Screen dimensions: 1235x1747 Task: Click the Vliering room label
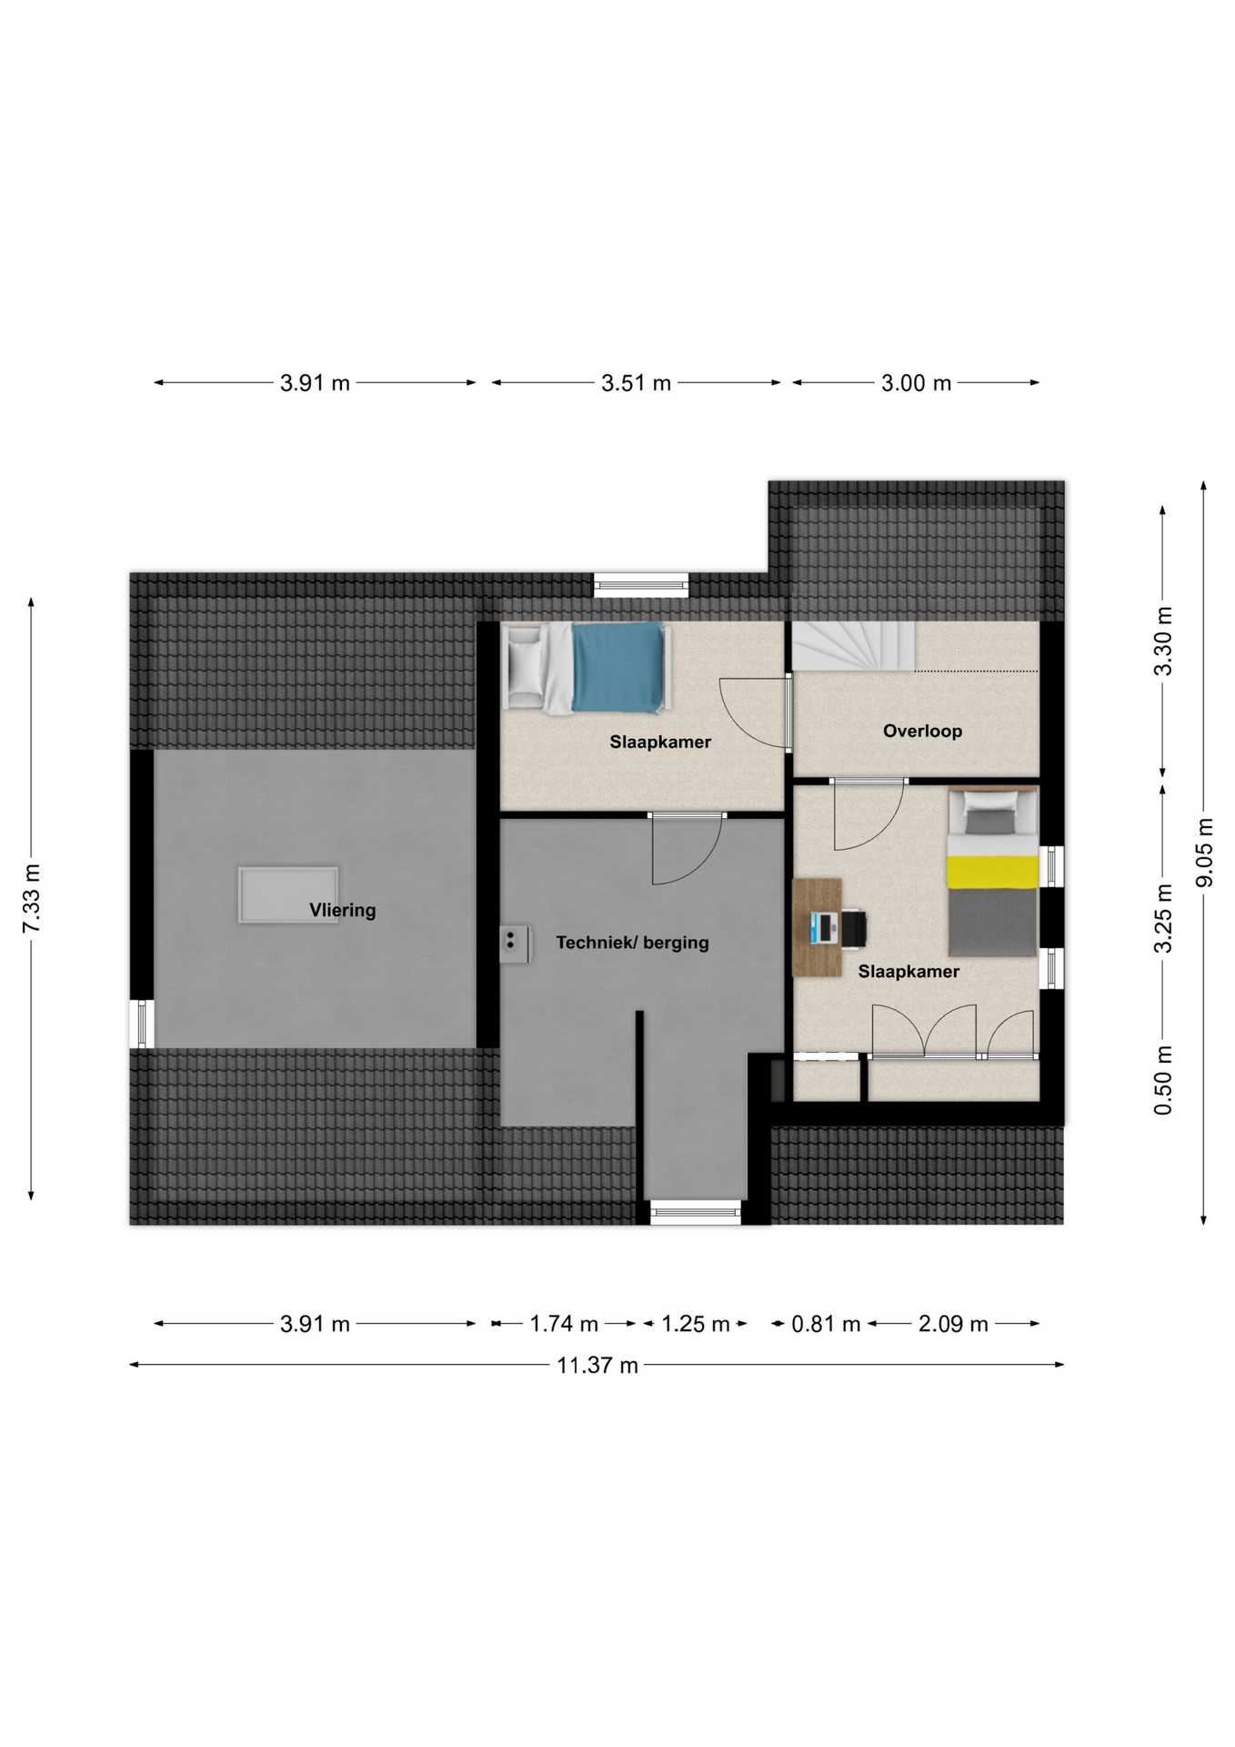tap(342, 910)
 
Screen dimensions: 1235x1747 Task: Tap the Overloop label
tap(922, 731)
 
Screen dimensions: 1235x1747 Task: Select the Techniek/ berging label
tap(632, 943)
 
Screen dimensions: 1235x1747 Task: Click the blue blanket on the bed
tap(617, 668)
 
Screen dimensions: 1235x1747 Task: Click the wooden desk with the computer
tap(817, 927)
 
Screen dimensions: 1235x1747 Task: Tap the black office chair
tap(853, 928)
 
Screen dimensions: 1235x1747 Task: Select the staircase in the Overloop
tap(853, 646)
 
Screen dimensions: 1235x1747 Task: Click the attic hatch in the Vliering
tap(288, 895)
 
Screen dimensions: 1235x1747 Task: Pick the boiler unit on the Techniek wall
tap(515, 944)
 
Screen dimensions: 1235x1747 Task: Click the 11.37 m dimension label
tap(597, 1365)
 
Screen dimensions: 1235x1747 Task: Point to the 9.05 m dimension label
tap(1205, 852)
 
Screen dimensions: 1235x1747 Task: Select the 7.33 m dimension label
tap(32, 898)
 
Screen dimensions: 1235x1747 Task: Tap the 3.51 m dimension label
tap(636, 383)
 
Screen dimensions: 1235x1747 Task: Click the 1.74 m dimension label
tap(564, 1324)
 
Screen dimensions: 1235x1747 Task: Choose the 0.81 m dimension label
tap(826, 1324)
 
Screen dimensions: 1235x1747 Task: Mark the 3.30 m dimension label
tap(1163, 641)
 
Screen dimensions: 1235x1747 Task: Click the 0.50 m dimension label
tap(1163, 1080)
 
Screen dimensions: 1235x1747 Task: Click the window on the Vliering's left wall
tap(143, 1024)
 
